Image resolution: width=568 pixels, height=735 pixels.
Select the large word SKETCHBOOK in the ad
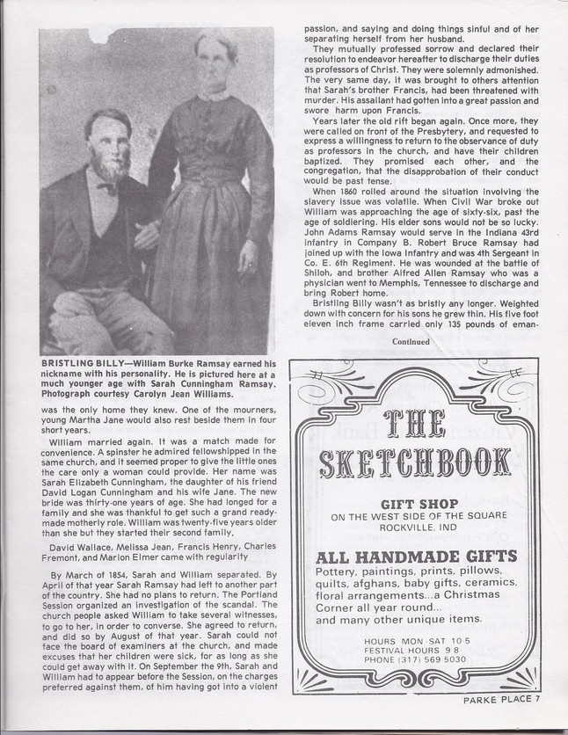tap(416, 462)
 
